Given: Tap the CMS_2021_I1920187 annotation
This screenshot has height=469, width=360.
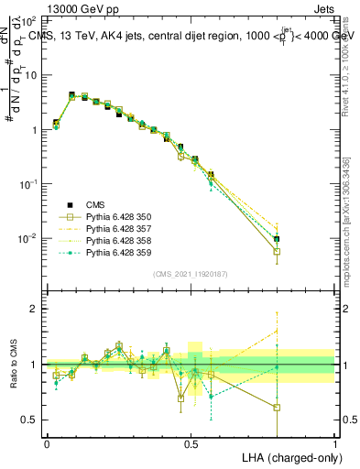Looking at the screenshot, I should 191,274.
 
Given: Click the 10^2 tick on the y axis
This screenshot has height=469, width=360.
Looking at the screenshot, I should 31,20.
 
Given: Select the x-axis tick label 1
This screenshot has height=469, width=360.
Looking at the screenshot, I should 335,442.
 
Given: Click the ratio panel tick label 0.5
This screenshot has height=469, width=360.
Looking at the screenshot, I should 31,420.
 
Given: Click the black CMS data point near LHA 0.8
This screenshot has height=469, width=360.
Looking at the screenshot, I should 277,239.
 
